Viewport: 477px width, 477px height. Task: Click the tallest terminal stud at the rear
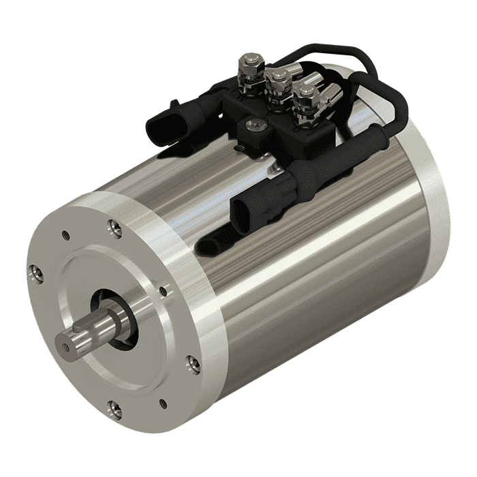coord(247,67)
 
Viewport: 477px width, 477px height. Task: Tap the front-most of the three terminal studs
coord(304,100)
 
